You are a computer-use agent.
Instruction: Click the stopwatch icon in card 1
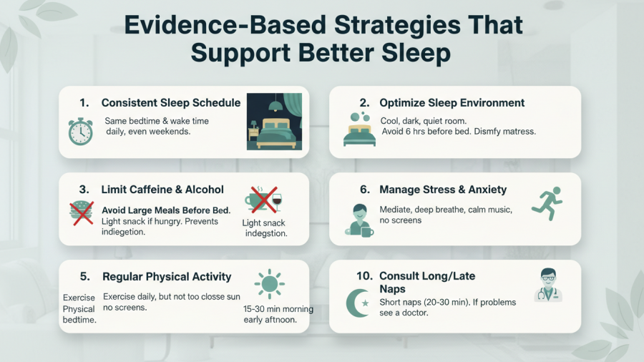[79, 132]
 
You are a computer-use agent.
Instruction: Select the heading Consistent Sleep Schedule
[171, 103]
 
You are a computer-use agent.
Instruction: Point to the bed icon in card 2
[359, 129]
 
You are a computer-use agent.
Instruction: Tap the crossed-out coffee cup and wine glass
[263, 200]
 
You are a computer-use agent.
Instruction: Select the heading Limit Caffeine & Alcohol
[162, 190]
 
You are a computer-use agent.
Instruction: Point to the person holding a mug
[360, 220]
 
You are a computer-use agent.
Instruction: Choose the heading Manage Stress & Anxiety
[443, 190]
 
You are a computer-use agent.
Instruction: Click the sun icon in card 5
[269, 285]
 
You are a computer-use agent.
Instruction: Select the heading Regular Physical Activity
[167, 277]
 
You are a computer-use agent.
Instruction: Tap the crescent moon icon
[359, 303]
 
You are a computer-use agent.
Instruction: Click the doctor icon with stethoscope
[547, 285]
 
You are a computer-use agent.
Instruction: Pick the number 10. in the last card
[364, 276]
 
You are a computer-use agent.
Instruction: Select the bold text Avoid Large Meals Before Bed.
[166, 210]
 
